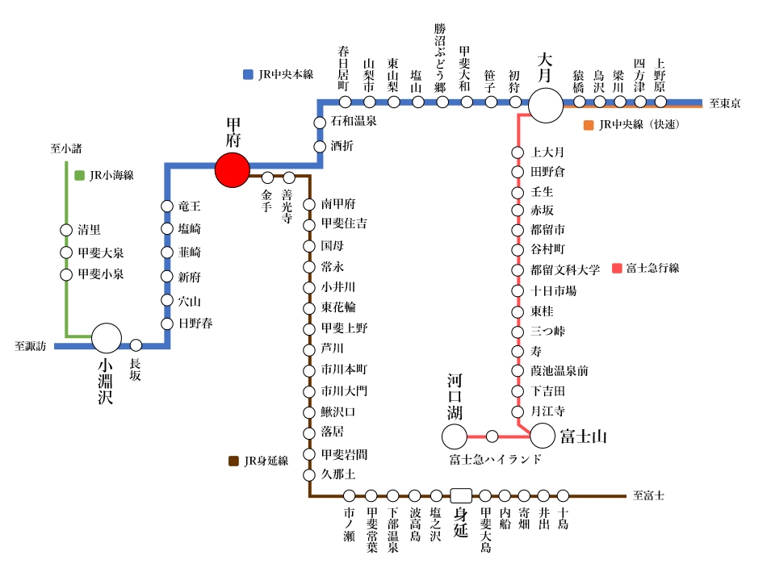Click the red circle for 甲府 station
pyautogui.click(x=233, y=170)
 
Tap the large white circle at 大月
pyautogui.click(x=546, y=106)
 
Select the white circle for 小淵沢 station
pyautogui.click(x=107, y=338)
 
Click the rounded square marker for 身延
pyautogui.click(x=461, y=495)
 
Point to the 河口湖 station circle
pyautogui.click(x=455, y=436)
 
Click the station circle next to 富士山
pyautogui.click(x=543, y=436)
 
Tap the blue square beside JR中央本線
pyautogui.click(x=248, y=74)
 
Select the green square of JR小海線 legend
pyautogui.click(x=79, y=175)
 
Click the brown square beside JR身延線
pyautogui.click(x=234, y=461)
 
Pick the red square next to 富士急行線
pyautogui.click(x=618, y=268)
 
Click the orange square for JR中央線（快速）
pyautogui.click(x=589, y=125)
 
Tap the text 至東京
pyautogui.click(x=725, y=103)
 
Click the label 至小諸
pyautogui.click(x=66, y=148)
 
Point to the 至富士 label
pyautogui.click(x=648, y=495)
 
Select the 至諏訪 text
pyautogui.click(x=31, y=346)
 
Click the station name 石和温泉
pyautogui.click(x=354, y=121)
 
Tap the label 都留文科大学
pyautogui.click(x=565, y=270)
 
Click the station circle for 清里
pyautogui.click(x=66, y=230)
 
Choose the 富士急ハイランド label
pyautogui.click(x=496, y=460)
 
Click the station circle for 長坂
pyautogui.click(x=136, y=345)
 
